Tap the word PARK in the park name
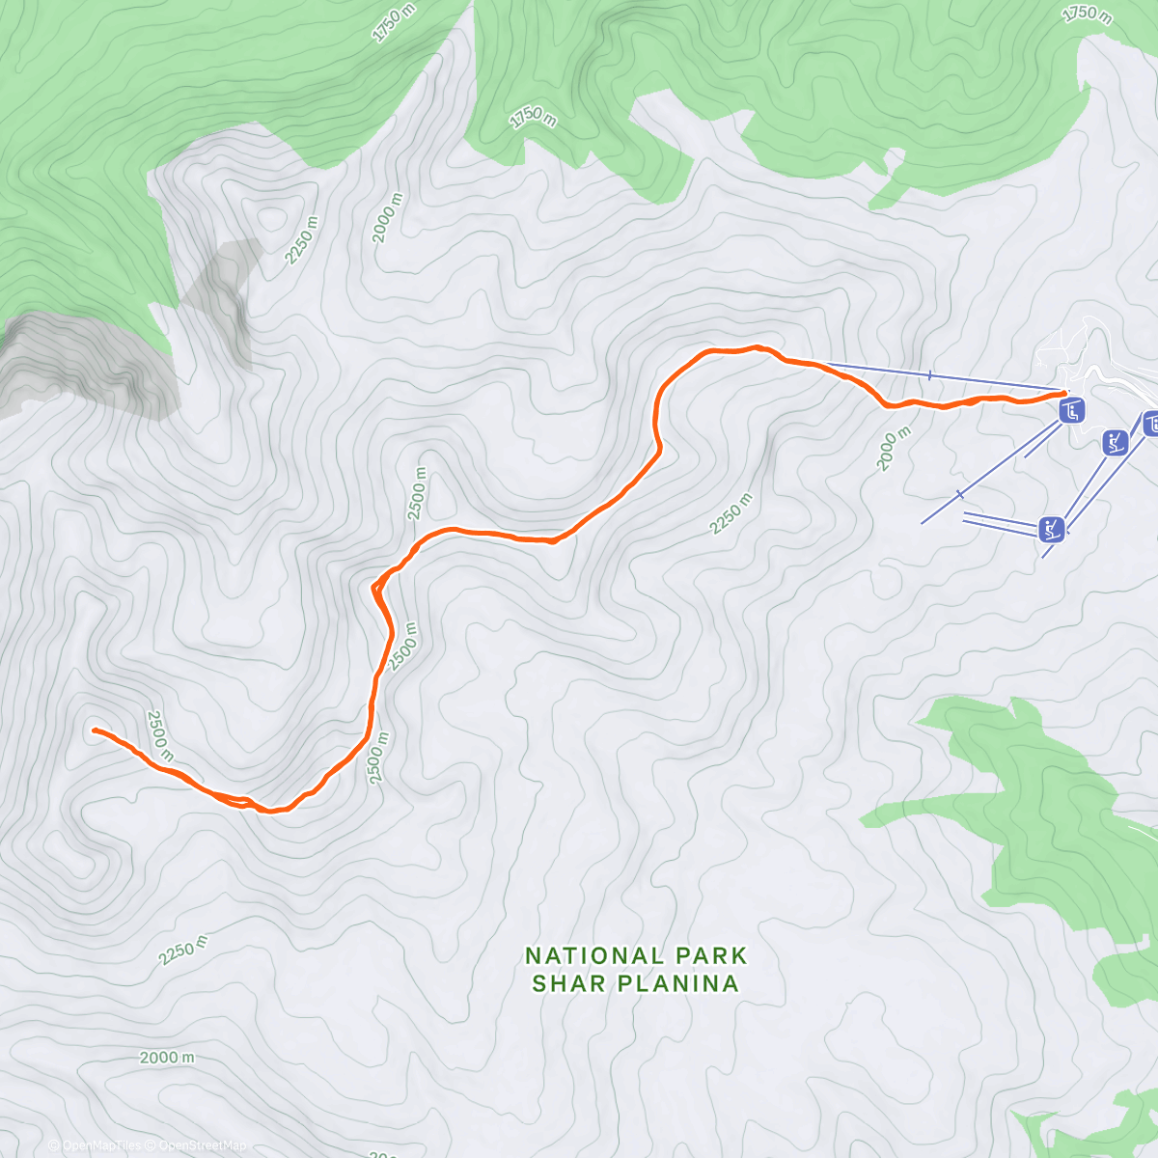point(710,955)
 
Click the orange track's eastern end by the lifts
point(1064,393)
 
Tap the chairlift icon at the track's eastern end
point(1072,411)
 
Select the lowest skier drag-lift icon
point(1052,529)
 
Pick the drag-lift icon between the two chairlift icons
point(1116,443)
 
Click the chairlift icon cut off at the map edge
point(1150,423)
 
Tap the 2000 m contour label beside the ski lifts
point(893,450)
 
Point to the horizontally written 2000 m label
point(166,1057)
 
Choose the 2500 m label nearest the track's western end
point(159,734)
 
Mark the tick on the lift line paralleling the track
point(929,375)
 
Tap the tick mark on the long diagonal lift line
point(959,494)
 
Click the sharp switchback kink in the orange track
point(373,586)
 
